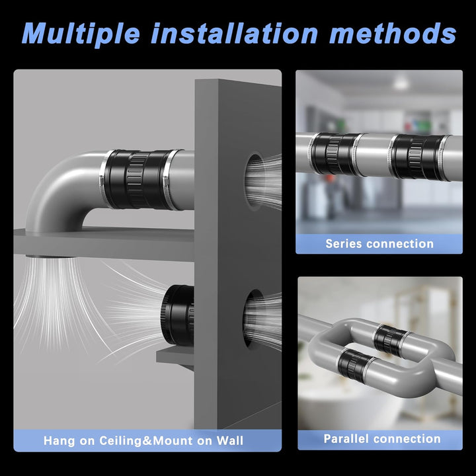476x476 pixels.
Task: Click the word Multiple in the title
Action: pos(81,34)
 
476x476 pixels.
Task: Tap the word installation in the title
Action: pos(234,33)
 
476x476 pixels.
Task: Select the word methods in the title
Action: pos(393,33)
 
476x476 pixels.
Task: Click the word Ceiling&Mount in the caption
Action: pos(145,440)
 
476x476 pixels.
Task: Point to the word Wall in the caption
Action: pos(230,440)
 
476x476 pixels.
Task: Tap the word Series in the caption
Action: pos(344,243)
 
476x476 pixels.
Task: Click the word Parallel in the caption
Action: pos(346,439)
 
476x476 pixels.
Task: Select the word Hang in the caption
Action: pos(59,441)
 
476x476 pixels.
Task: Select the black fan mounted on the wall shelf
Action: pos(178,315)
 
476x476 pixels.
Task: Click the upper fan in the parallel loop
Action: pos(391,340)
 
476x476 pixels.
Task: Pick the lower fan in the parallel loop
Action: pos(354,364)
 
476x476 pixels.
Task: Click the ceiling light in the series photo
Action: pos(401,83)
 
